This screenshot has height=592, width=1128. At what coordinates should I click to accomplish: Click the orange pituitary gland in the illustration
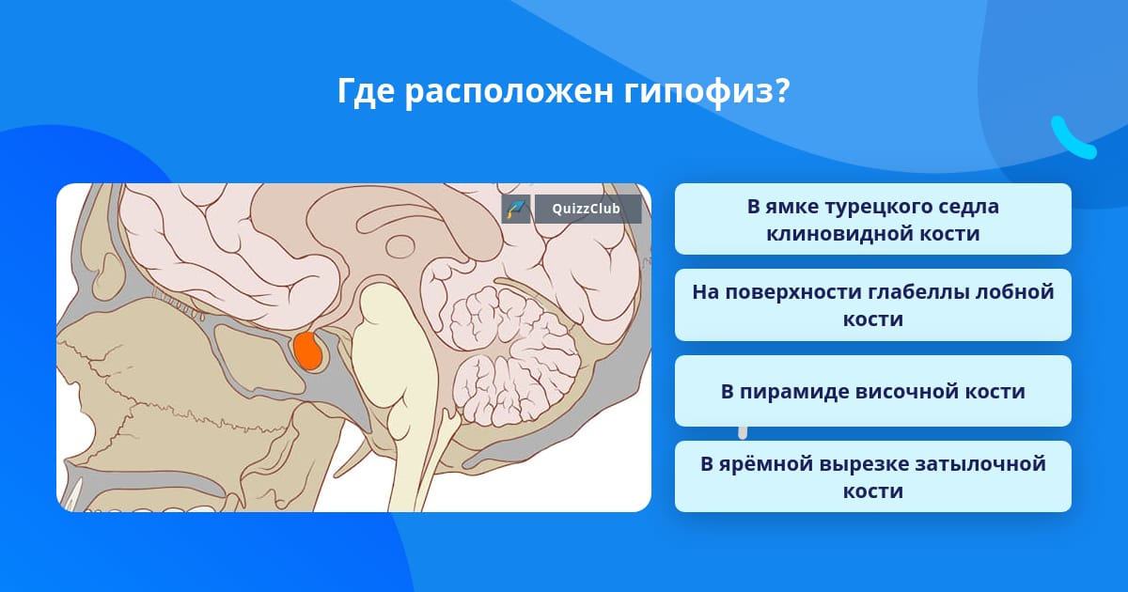tap(307, 351)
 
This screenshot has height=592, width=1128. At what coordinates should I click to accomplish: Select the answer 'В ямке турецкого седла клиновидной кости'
tap(872, 219)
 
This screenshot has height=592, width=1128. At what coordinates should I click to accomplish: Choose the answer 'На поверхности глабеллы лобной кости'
tap(872, 305)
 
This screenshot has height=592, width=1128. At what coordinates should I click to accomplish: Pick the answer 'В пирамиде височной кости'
tap(872, 391)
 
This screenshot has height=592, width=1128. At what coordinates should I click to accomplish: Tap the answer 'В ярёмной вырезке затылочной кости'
tap(872, 476)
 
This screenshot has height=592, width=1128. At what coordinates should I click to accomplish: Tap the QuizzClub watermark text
tap(586, 209)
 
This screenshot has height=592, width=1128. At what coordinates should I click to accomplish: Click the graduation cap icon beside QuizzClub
tap(516, 209)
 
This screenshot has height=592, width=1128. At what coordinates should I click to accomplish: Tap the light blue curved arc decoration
tap(1072, 139)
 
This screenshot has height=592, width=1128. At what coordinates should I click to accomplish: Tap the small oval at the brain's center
tap(400, 246)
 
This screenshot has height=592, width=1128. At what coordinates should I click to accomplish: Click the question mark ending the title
tap(781, 90)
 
